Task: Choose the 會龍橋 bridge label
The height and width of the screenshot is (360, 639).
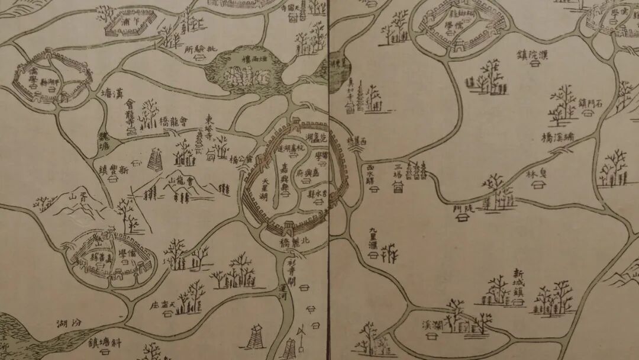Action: tap(174, 123)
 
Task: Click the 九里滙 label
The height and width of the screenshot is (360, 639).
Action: tap(372, 239)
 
